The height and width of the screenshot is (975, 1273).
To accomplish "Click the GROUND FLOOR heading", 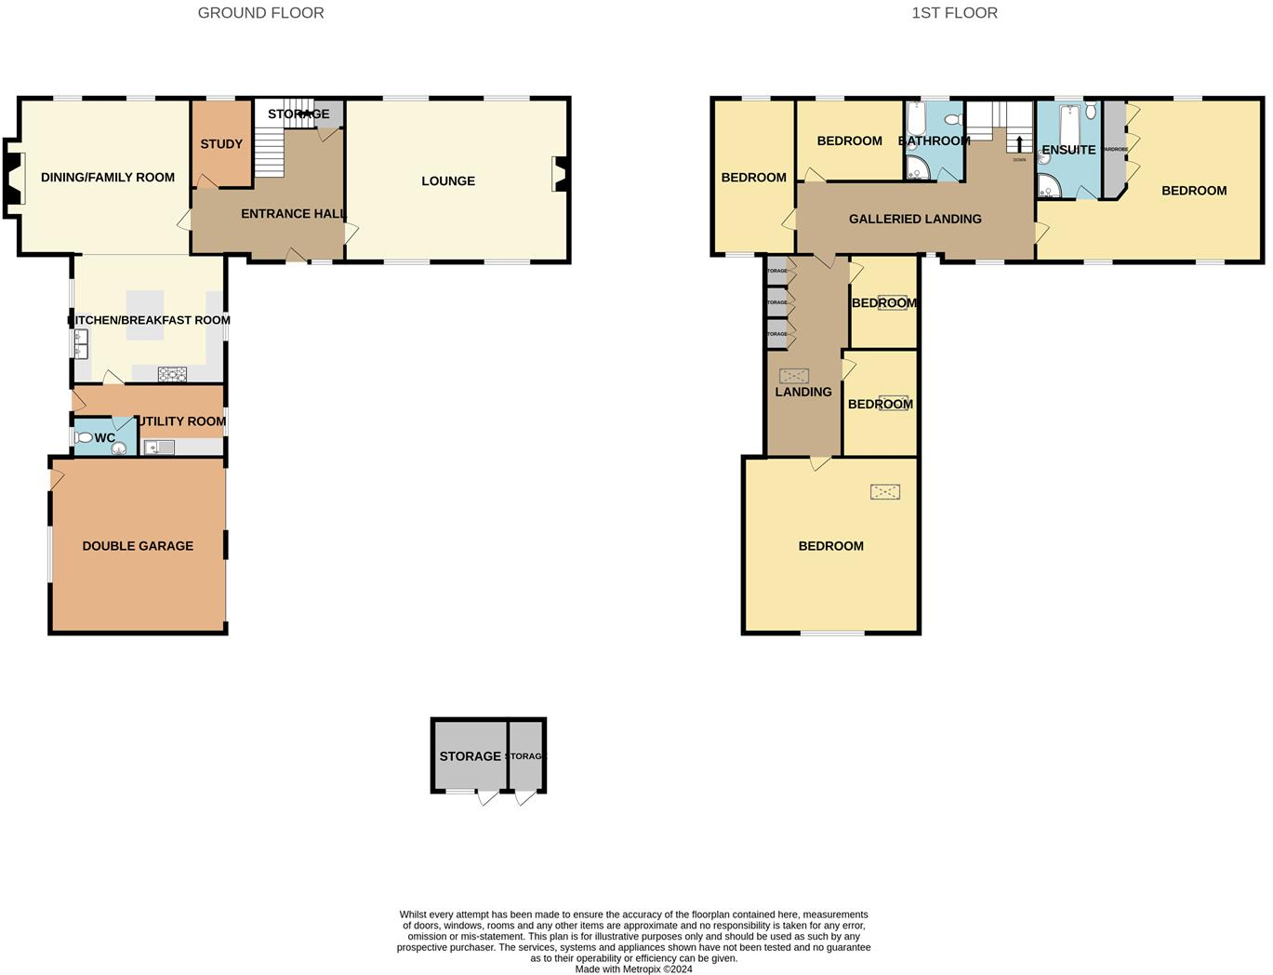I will pyautogui.click(x=260, y=13).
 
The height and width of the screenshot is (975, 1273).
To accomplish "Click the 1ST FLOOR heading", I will pyautogui.click(x=954, y=13).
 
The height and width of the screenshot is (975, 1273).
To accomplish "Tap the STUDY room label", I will pyautogui.click(x=221, y=144).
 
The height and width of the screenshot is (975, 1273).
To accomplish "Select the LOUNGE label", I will pyautogui.click(x=448, y=181).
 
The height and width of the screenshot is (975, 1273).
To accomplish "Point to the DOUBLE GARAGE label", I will pyautogui.click(x=138, y=546).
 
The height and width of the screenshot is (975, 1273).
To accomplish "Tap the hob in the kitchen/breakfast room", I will pyautogui.click(x=172, y=374).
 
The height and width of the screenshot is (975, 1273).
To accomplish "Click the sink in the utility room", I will pyautogui.click(x=159, y=447).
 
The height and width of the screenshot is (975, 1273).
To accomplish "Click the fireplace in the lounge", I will pyautogui.click(x=560, y=175).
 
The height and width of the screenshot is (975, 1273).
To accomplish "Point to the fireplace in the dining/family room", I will pyautogui.click(x=13, y=178).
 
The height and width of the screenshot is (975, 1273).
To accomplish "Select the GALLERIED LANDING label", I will pyautogui.click(x=915, y=220).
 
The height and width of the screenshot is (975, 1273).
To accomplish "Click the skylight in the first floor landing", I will pyautogui.click(x=793, y=376).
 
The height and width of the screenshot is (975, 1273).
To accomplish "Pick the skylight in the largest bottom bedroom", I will pyautogui.click(x=885, y=491).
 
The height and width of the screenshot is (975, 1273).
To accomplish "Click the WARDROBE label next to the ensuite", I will pyautogui.click(x=1114, y=149).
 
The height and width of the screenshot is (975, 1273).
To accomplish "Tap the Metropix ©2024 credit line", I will pyautogui.click(x=633, y=968).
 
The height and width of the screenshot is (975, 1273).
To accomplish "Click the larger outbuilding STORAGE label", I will pyautogui.click(x=470, y=756).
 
